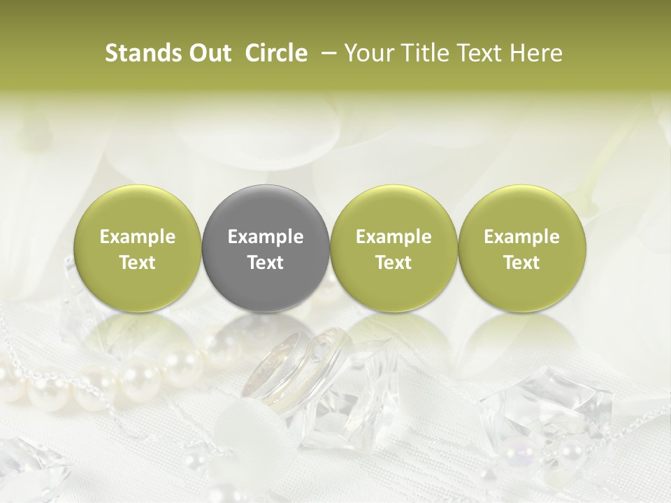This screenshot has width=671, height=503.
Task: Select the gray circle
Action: click(266, 249)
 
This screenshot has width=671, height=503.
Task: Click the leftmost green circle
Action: click(138, 249)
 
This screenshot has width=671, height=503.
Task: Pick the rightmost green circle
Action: click(521, 249)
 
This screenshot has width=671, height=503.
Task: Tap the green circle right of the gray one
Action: click(394, 249)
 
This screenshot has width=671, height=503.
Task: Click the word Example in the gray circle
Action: click(266, 237)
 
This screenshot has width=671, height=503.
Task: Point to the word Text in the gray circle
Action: click(266, 263)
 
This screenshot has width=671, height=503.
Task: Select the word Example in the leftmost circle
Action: click(138, 237)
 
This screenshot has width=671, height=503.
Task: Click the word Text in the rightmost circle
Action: click(521, 263)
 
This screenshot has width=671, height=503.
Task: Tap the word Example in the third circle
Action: click(394, 237)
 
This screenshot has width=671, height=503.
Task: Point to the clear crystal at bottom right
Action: click(545, 412)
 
